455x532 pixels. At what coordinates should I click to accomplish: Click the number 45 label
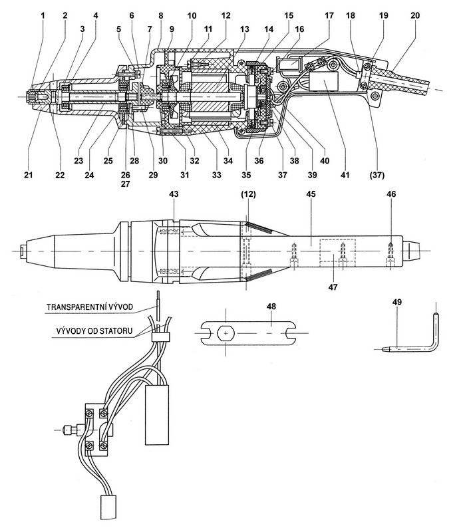(309, 193)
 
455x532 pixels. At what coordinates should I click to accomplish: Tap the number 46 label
(390, 193)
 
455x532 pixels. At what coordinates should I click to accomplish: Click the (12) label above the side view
(247, 193)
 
